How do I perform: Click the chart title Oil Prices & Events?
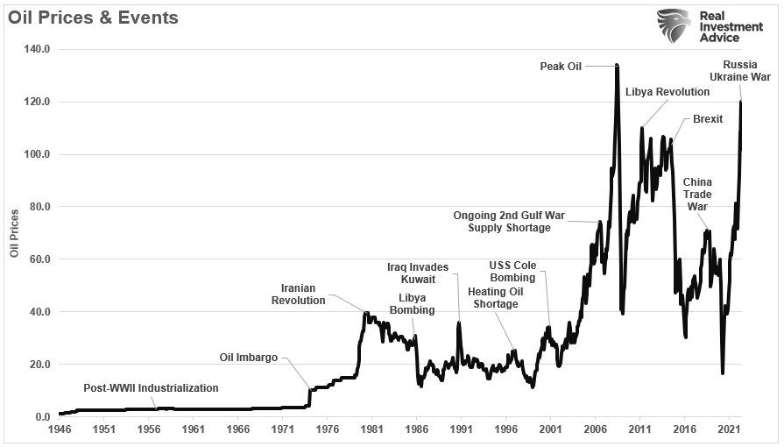tap(93, 18)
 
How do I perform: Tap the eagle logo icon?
tap(674, 25)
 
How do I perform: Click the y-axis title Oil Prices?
tap(14, 234)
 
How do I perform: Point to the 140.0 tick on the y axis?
tap(38, 49)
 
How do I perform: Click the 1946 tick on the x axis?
tap(59, 430)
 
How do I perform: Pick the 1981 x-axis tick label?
tap(371, 430)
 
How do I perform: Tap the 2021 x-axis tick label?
tap(728, 430)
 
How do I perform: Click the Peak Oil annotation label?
tap(561, 66)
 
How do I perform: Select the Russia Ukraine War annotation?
tap(746, 71)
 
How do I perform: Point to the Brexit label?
tap(707, 118)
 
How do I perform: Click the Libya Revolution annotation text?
tap(667, 92)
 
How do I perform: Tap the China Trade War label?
tap(697, 195)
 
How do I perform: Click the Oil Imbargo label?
tap(248, 357)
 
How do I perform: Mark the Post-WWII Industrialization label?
tap(151, 387)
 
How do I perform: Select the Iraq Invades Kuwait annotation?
tap(418, 273)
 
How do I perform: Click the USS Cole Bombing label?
tap(512, 272)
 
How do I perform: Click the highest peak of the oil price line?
tap(617, 65)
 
